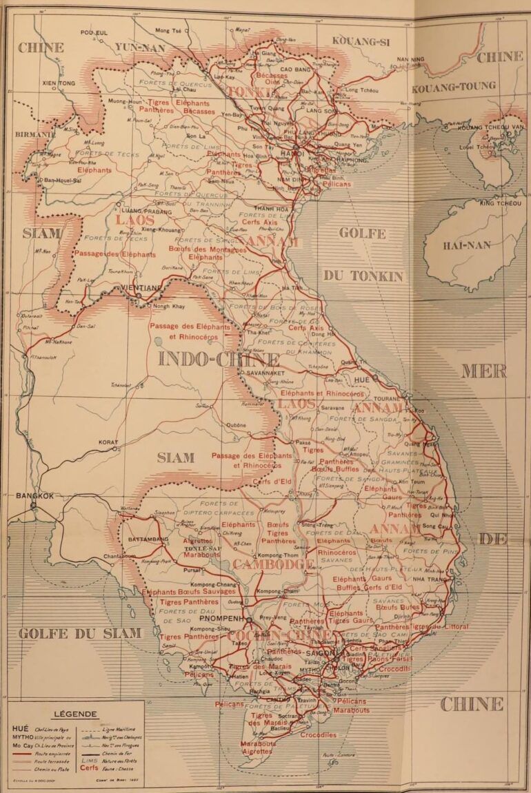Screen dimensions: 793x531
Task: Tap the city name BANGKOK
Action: click(31, 495)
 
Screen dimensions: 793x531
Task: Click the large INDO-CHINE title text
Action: click(219, 360)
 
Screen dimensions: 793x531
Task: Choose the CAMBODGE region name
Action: click(272, 564)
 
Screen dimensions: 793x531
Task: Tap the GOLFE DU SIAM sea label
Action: click(79, 633)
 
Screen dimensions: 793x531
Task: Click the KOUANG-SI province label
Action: click(361, 42)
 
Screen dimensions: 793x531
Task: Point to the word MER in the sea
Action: click(483, 371)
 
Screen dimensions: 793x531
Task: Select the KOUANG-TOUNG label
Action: click(453, 86)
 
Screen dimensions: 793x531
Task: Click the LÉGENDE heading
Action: click(74, 714)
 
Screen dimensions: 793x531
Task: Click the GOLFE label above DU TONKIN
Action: click(362, 233)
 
